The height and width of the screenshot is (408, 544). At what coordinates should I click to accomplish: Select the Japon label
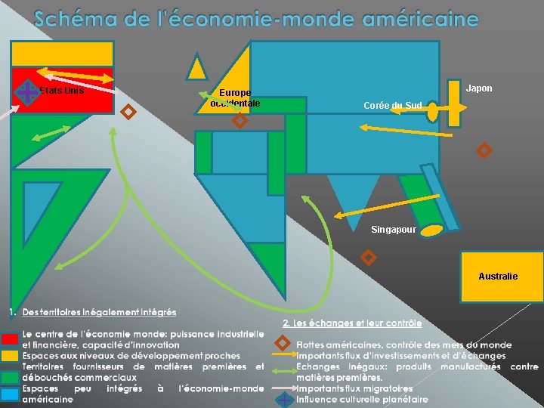click(x=479, y=88)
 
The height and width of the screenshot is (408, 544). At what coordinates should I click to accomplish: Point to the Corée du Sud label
click(x=393, y=105)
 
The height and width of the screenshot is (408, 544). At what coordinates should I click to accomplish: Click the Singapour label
click(x=393, y=230)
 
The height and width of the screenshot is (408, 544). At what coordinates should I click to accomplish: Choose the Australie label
click(x=498, y=277)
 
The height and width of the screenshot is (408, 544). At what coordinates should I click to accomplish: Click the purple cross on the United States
click(x=26, y=93)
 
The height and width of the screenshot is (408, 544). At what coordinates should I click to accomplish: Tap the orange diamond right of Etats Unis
click(x=128, y=113)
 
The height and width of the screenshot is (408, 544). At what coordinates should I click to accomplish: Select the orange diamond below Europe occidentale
click(x=239, y=120)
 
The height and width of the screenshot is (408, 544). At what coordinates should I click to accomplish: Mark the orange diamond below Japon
click(x=484, y=150)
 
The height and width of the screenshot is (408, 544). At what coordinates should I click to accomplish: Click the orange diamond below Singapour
click(x=368, y=258)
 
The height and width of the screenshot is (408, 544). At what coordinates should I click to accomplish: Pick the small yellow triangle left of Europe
click(x=197, y=68)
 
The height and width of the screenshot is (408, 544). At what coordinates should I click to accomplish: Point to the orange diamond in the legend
click(x=283, y=344)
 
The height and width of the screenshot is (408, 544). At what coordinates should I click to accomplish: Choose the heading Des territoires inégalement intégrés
click(x=99, y=312)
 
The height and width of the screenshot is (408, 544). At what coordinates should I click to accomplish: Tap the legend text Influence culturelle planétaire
click(x=362, y=399)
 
